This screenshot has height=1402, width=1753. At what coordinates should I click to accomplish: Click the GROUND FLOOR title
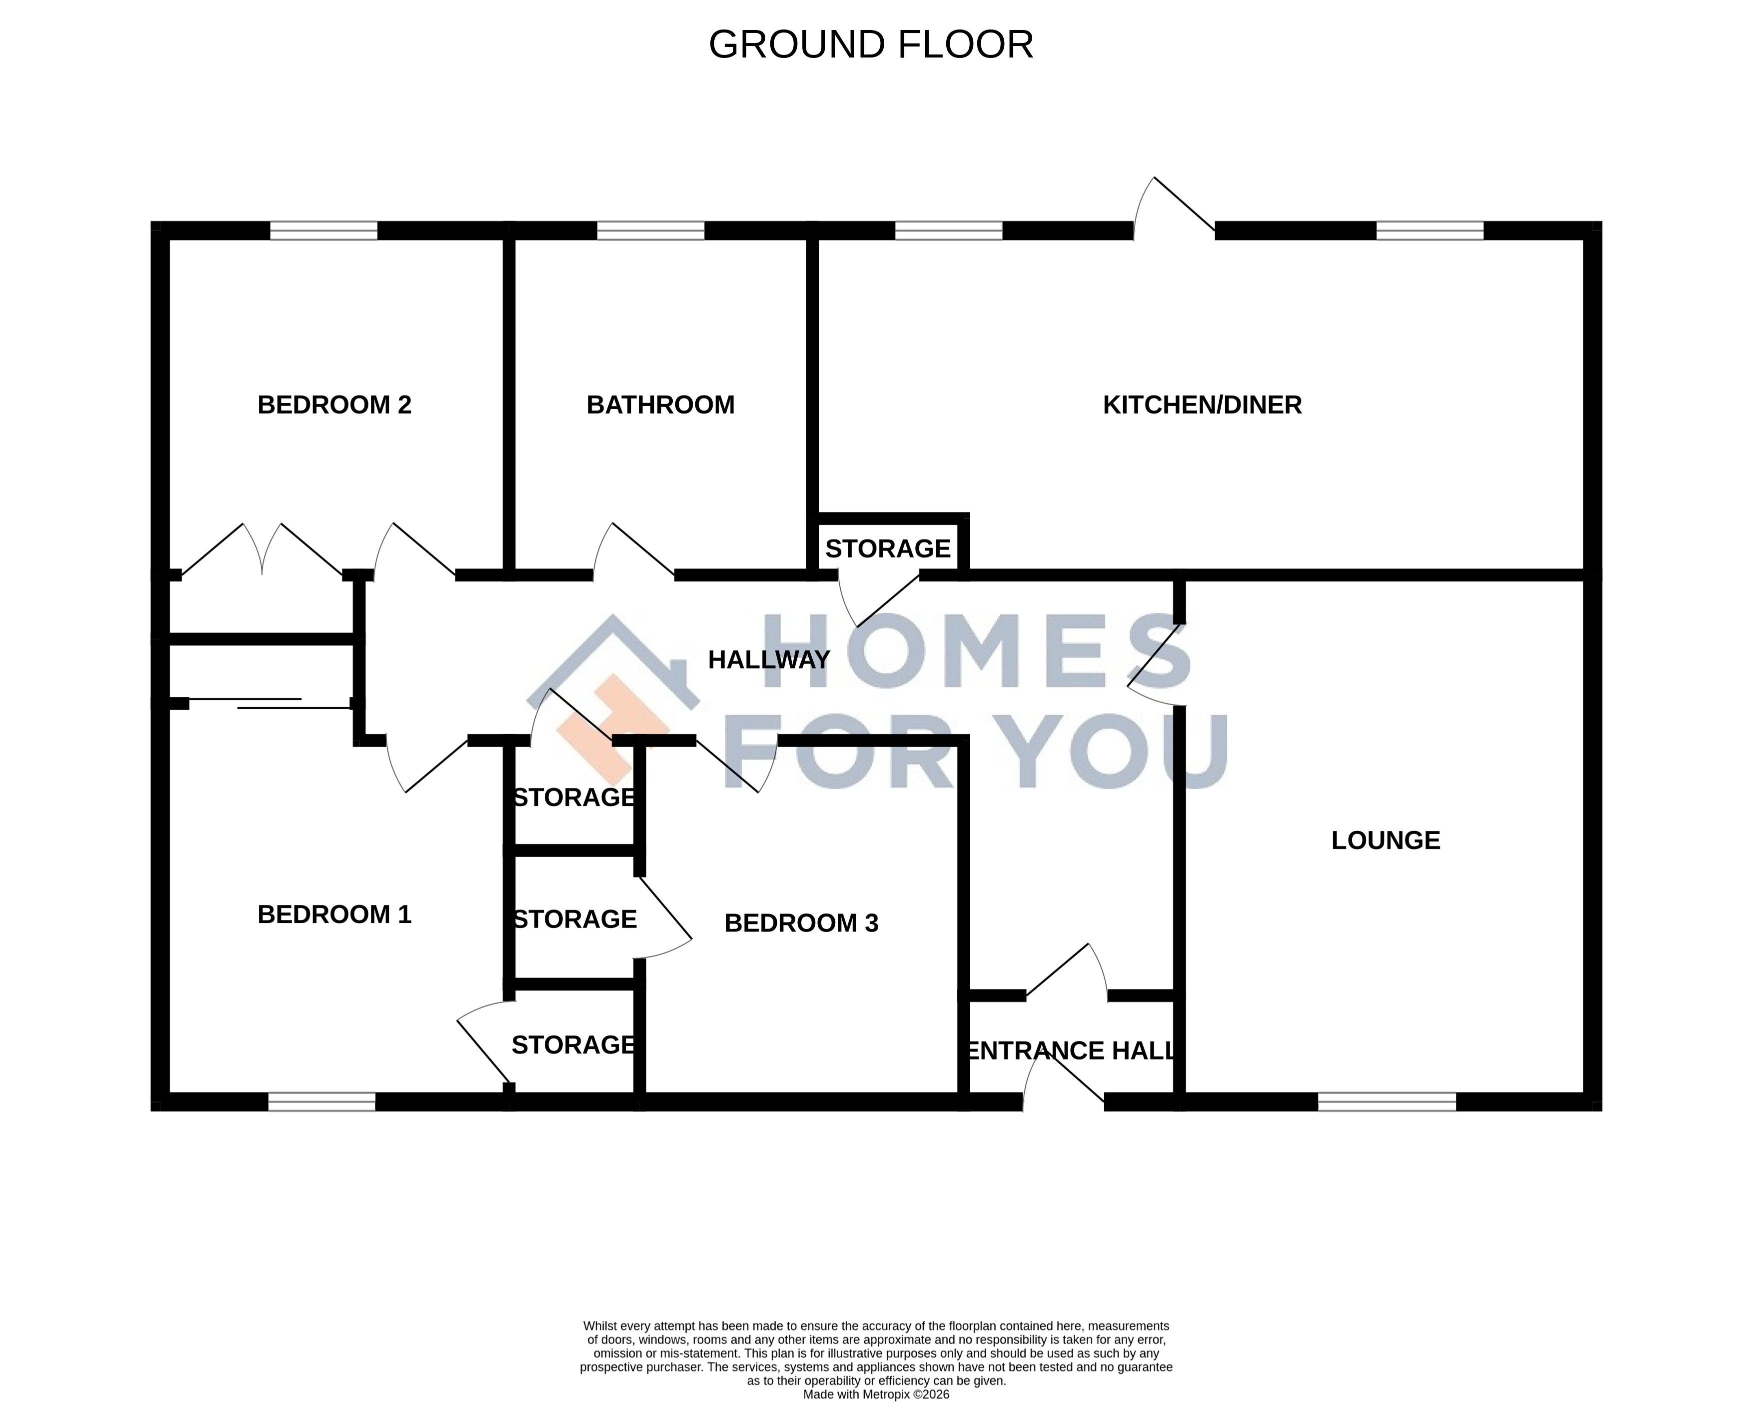(871, 44)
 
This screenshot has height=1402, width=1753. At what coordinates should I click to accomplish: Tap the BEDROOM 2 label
(334, 405)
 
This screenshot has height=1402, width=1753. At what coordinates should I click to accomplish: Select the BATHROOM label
(660, 405)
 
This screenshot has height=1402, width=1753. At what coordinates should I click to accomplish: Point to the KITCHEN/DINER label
(1202, 405)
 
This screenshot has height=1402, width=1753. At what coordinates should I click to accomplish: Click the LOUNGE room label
(1386, 840)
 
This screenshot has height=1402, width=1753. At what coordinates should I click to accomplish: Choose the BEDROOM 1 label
(334, 915)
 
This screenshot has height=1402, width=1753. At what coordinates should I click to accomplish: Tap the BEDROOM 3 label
(801, 923)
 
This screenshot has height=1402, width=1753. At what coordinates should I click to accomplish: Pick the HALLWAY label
(768, 659)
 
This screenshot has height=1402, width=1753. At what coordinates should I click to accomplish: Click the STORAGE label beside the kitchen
(888, 549)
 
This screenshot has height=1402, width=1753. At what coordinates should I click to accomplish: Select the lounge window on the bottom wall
(1386, 1102)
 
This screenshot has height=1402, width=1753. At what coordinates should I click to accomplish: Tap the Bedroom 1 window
(322, 1102)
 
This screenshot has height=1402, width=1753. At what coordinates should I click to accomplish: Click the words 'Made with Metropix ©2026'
(876, 1394)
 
